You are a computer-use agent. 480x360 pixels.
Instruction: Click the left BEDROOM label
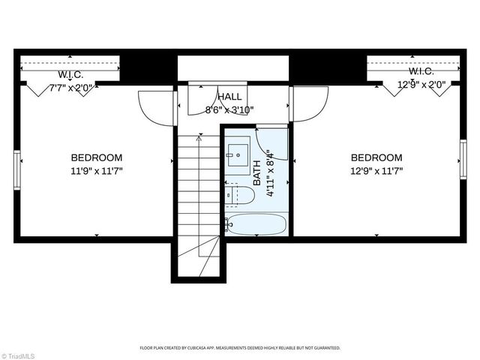coord(97,157)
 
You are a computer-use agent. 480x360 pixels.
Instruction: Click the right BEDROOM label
coord(376,157)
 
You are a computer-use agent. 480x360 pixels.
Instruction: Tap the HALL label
coord(229,97)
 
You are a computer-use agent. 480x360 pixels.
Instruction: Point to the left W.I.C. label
coord(70,76)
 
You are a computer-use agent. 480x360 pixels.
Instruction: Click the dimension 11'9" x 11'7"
coord(97,170)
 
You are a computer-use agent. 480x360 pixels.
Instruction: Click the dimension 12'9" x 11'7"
coord(376,170)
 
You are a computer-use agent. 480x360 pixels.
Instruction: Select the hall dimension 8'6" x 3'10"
coord(229,109)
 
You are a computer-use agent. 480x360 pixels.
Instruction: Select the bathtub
coord(256,224)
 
